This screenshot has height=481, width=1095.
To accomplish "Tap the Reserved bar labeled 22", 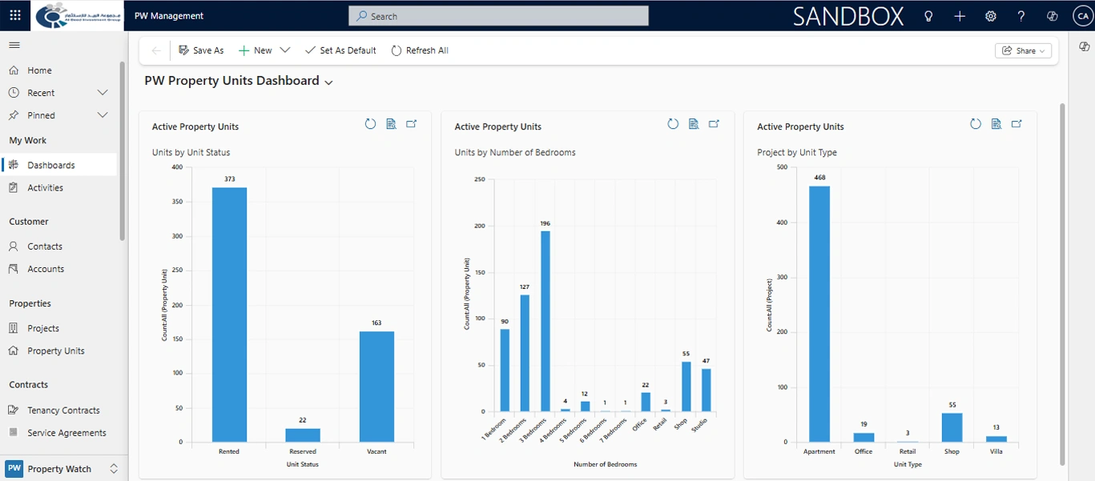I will pos(303,435).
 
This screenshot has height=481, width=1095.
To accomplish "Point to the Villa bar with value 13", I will pos(996,439).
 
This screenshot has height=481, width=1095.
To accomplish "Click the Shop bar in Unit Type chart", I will pos(952,427).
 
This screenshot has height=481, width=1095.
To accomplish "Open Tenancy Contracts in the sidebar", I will pos(63,411).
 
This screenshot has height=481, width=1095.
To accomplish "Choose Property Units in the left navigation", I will pos(55,351).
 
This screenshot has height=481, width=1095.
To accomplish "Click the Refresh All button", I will pos(420,50).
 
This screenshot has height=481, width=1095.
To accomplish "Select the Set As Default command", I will pos(340,50).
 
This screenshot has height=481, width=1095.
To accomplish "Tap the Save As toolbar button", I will pos(201,50).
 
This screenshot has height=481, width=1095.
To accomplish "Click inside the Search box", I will pos(498,16).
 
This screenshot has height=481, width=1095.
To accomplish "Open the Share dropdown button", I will pos(1023,50).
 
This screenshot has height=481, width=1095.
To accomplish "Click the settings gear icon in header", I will pos(991,16).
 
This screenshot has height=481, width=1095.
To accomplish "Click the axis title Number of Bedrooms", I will pos(605,464).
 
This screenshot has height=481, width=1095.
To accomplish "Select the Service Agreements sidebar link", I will pos(66,433).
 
